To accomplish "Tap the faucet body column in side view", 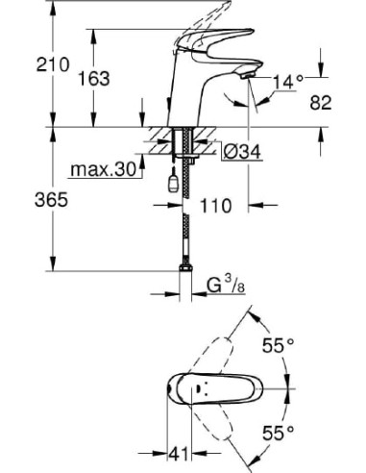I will click(182, 101).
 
